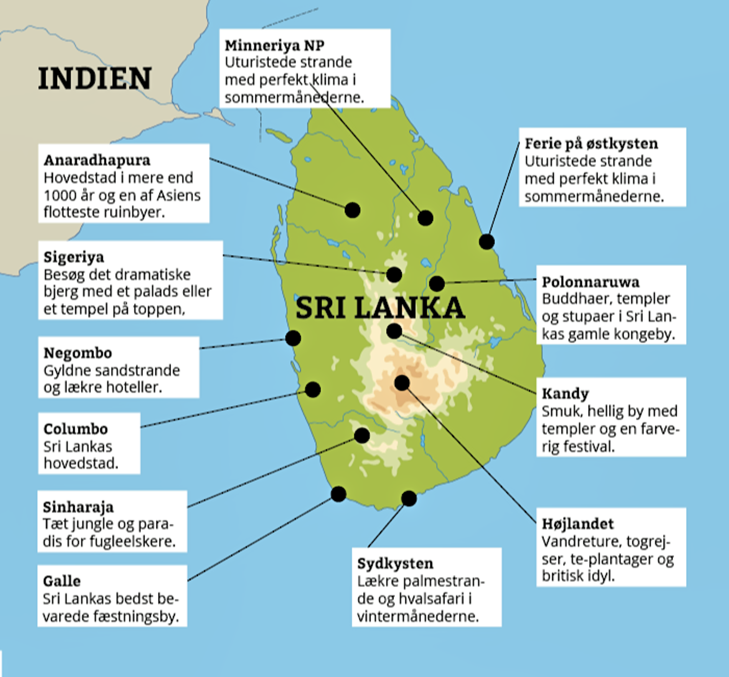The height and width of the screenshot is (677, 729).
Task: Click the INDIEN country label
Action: pos(95,78)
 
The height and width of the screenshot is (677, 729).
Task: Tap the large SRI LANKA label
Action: pos(380,308)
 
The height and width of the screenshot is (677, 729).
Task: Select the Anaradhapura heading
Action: pos(97,160)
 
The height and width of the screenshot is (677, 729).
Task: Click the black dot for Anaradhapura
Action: pos(352,210)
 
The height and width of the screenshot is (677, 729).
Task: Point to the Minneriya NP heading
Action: pos(274,45)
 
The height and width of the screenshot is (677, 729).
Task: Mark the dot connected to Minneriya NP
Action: pos(425,218)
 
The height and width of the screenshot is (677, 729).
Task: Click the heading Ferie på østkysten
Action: pos(591,144)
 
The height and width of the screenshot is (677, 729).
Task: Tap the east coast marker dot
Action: pos(487,242)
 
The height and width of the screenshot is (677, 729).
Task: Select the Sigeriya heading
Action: pos(74,257)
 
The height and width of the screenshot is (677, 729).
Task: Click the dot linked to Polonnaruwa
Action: pos(437,284)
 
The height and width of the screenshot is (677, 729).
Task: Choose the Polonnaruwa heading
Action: pos(590,282)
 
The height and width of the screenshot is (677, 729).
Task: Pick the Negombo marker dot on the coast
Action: pos(293,338)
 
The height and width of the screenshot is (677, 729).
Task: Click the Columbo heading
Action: pos(76,429)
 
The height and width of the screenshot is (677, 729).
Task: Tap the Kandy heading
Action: pos(565,393)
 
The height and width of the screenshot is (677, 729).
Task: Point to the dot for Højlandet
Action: pos(402,383)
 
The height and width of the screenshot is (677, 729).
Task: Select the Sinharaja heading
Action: pos(78,507)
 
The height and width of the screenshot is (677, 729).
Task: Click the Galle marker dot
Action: pos(338,494)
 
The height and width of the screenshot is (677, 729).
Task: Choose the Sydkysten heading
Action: pos(395,563)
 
